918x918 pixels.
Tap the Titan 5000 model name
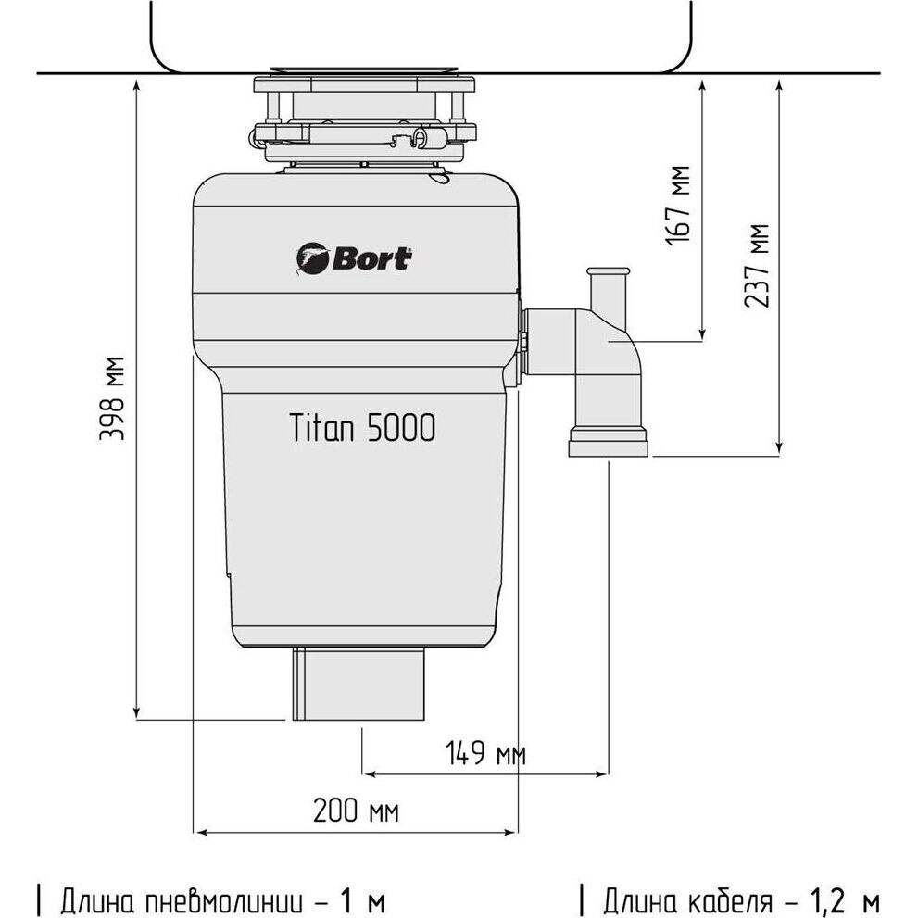pos(362,428)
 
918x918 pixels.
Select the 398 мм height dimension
pos(114,397)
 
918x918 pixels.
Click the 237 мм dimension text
pos(758,265)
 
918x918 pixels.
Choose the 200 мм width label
pos(356,812)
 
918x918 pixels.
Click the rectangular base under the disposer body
pos(359,685)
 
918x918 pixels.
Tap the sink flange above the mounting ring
pos(364,70)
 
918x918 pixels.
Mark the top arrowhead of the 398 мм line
pos(137,83)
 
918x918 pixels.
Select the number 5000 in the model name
pos(401,428)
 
